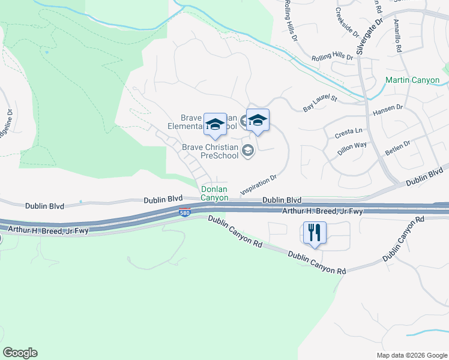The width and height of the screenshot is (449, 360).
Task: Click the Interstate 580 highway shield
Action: pos(185,213)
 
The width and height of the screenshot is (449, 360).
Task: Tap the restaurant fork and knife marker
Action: pos(315,232)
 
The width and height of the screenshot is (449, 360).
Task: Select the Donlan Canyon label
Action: pos(214,193)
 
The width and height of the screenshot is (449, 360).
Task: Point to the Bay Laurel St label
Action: pos(321,103)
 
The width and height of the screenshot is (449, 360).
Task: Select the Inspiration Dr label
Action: pos(258,185)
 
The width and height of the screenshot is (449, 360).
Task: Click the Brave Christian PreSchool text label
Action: pos(211,151)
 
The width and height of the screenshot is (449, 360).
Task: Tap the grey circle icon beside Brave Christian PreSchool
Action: pos(248,152)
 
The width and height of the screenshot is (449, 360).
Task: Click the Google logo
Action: pos(20,353)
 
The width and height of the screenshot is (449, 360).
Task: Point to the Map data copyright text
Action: pos(411,355)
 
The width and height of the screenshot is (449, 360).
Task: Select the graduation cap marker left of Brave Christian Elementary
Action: pos(214,125)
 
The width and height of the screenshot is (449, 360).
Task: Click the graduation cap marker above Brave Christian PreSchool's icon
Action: pos(258,120)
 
